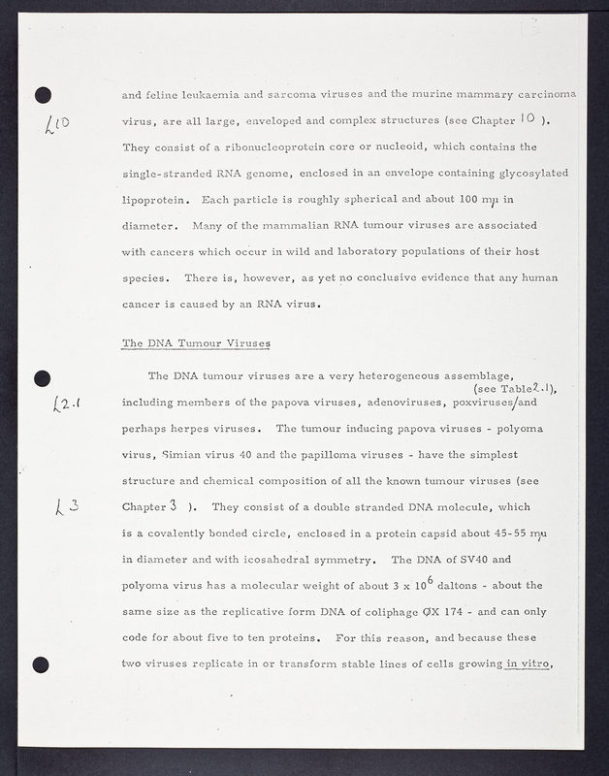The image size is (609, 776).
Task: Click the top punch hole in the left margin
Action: point(42,95)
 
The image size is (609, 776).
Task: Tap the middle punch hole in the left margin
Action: point(42,378)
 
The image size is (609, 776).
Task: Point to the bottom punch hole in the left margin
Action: point(41,664)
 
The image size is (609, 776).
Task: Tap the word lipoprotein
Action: point(153,201)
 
